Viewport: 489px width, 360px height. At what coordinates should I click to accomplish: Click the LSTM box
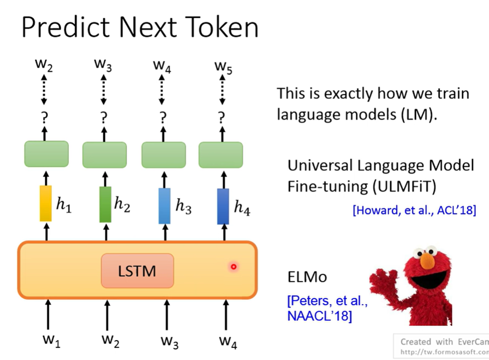pyautogui.click(x=137, y=271)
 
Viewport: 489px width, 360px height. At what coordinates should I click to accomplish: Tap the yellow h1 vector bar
pyautogui.click(x=45, y=204)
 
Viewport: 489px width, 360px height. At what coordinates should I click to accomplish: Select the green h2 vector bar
pyautogui.click(x=105, y=204)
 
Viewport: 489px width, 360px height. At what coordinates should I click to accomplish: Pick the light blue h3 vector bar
pyautogui.click(x=164, y=206)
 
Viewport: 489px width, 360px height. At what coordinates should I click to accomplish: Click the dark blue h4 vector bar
pyautogui.click(x=223, y=206)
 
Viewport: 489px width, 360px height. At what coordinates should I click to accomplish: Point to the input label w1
pyautogui.click(x=52, y=341)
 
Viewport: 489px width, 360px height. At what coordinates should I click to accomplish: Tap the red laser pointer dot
pyautogui.click(x=233, y=267)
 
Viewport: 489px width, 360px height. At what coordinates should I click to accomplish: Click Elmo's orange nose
pyautogui.click(x=427, y=260)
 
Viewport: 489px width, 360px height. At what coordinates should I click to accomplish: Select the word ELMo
pyautogui.click(x=307, y=277)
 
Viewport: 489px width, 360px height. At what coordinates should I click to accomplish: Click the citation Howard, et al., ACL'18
pyautogui.click(x=414, y=210)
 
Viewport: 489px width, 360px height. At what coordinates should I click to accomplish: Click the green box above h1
pyautogui.click(x=46, y=154)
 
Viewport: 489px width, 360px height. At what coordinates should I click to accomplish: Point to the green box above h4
pyautogui.click(x=220, y=154)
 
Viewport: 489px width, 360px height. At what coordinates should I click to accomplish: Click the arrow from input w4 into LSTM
pyautogui.click(x=226, y=315)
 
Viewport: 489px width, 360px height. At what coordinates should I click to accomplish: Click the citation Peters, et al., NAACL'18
pyautogui.click(x=327, y=308)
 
